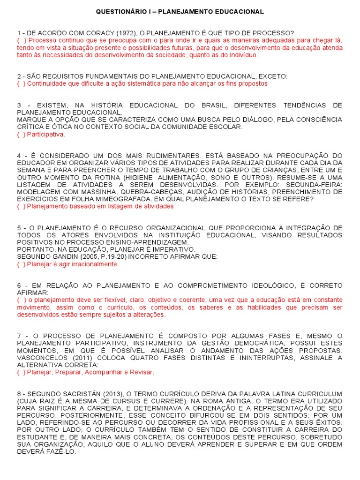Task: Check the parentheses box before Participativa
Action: click(x=21, y=135)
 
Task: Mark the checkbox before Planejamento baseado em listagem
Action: click(x=21, y=206)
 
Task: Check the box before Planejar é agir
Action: click(x=21, y=264)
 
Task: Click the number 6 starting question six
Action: click(x=19, y=285)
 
